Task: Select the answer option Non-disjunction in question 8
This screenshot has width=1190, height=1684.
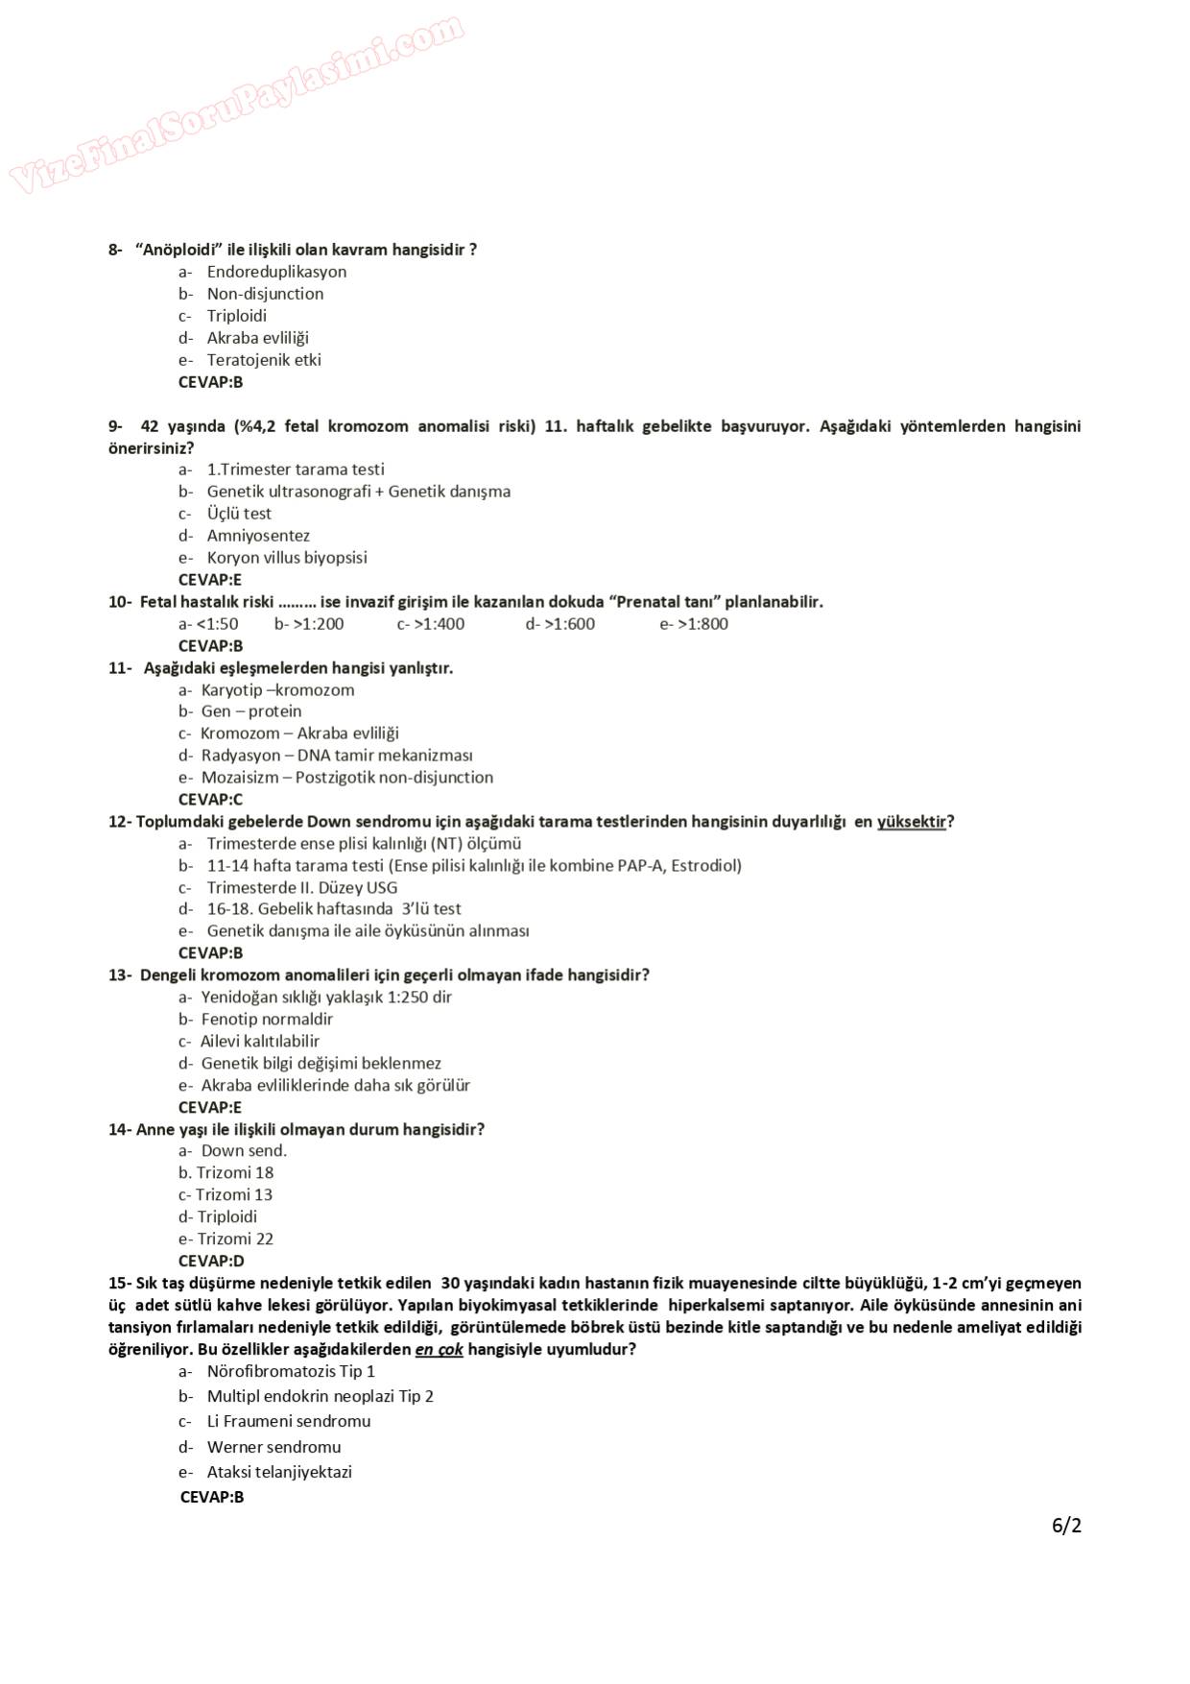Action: point(265,294)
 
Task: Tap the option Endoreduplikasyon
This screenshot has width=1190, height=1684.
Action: point(276,272)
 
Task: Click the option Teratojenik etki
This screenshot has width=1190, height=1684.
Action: point(264,360)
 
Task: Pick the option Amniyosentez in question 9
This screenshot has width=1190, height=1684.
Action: point(258,536)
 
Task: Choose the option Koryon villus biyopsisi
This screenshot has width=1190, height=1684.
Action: point(286,558)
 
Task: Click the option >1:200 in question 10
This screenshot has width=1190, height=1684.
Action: point(309,624)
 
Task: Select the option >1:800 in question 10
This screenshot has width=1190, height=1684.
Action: point(694,624)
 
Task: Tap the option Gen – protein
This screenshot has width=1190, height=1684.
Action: point(250,711)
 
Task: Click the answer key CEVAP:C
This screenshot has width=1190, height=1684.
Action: point(210,800)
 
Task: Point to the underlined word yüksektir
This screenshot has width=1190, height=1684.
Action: point(912,822)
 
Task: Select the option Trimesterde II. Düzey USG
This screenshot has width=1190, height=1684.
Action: point(301,888)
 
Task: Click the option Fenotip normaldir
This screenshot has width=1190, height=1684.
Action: point(267,1020)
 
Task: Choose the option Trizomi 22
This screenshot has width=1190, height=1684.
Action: point(235,1239)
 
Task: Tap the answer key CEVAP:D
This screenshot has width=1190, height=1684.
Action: point(211,1262)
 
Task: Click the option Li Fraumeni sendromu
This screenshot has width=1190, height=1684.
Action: point(288,1422)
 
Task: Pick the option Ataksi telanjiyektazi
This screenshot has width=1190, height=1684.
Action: point(279,1473)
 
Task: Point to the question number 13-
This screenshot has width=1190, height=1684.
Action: point(120,975)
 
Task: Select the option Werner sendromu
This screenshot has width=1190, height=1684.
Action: point(274,1448)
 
